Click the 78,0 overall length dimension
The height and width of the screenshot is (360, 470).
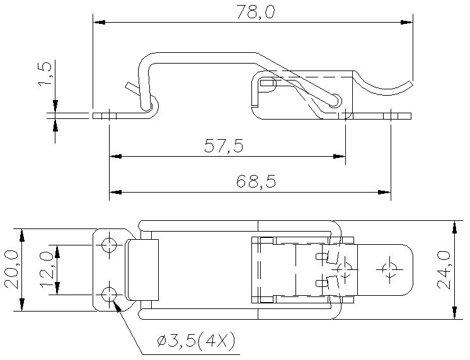click(x=256, y=12)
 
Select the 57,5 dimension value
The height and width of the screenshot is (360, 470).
click(x=224, y=146)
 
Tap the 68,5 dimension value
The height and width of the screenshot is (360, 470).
click(x=256, y=181)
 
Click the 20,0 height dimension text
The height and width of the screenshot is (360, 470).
click(x=12, y=270)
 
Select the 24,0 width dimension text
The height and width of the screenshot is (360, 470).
click(x=444, y=270)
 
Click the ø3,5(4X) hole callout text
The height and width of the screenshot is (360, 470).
click(x=196, y=341)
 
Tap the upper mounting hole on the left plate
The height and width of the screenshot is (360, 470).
click(x=109, y=245)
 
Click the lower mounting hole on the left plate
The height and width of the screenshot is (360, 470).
click(x=109, y=295)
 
